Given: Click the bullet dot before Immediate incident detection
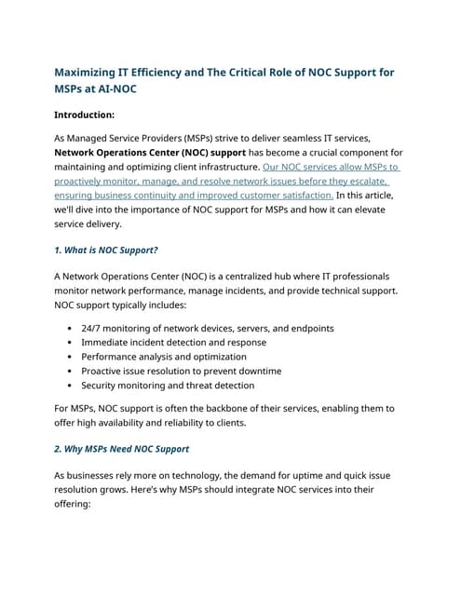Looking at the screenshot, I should point(71,343).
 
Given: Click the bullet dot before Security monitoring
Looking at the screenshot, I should point(71,385).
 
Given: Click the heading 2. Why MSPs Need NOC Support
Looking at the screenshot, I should point(121,449).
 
